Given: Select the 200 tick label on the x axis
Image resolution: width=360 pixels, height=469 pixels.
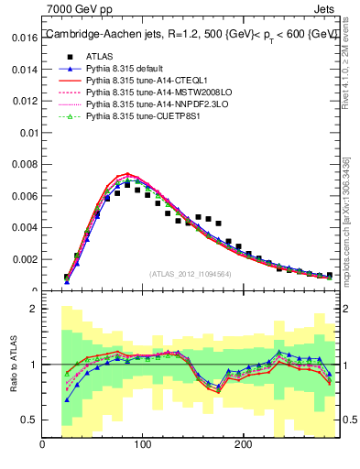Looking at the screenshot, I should pyautogui.click(x=243, y=445).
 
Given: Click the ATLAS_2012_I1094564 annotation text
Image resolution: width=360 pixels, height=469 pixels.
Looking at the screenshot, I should pyautogui.click(x=191, y=273).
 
